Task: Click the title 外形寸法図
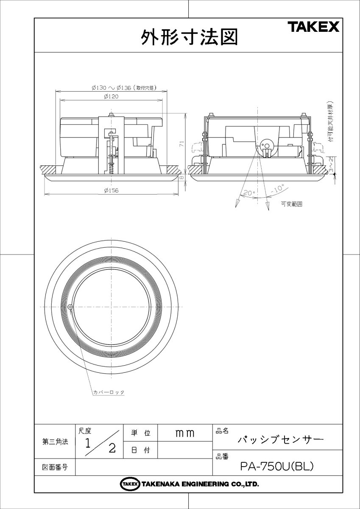[189, 37]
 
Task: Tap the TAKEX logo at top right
[313, 28]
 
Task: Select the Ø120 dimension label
[111, 96]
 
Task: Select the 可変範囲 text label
[291, 204]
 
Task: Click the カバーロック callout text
[109, 392]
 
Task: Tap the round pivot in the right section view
[267, 145]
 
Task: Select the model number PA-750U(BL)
[276, 467]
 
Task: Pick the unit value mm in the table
[184, 433]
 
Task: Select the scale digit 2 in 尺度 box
[112, 448]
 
